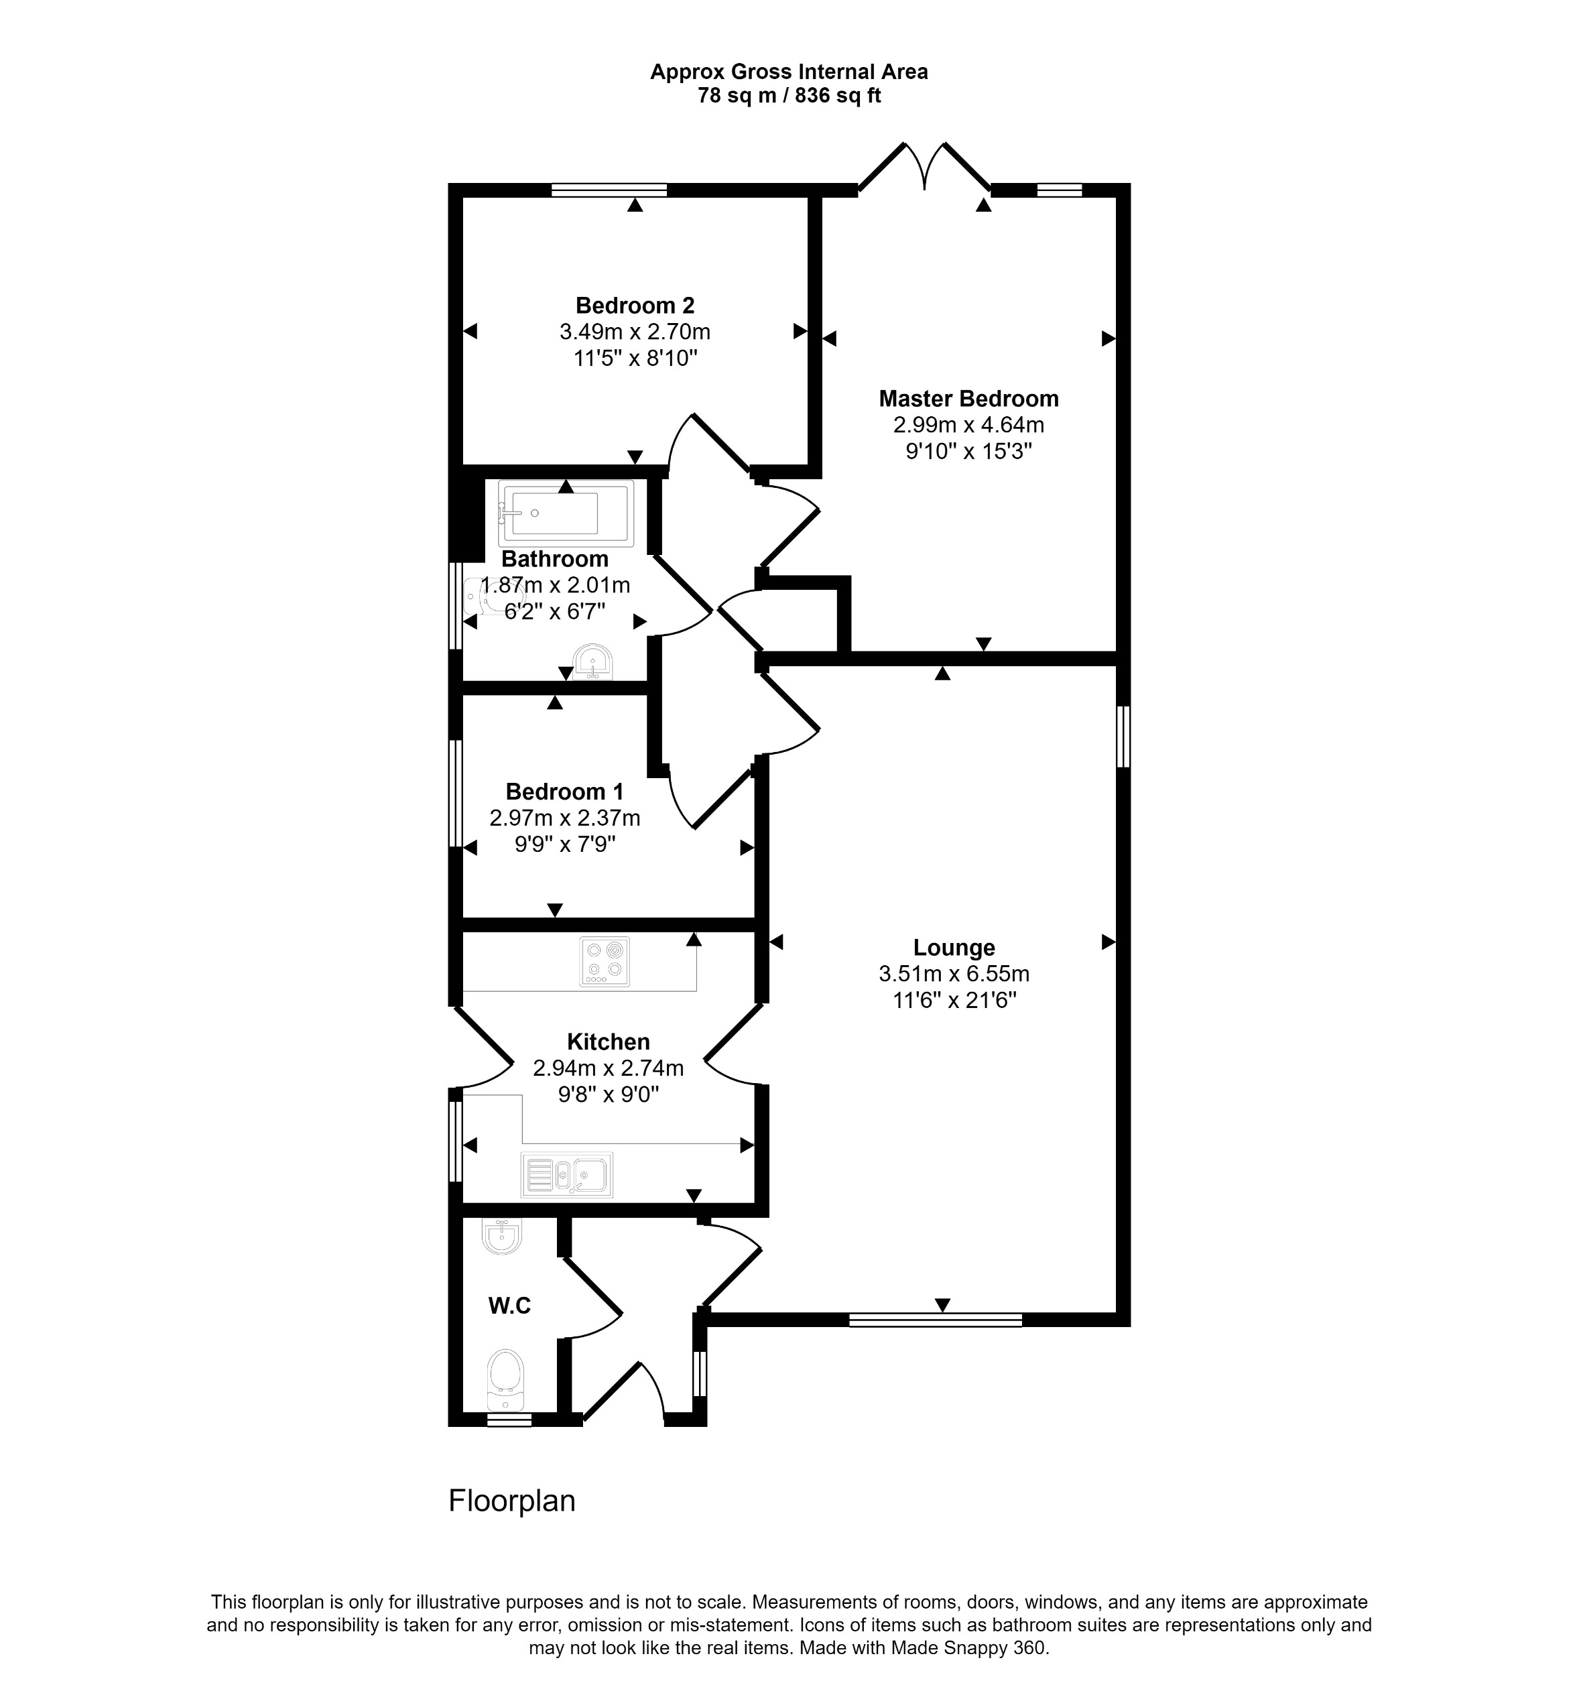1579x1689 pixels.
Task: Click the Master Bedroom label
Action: point(968,399)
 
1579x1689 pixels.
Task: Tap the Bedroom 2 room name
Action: point(635,305)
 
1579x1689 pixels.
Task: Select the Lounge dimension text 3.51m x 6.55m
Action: point(954,974)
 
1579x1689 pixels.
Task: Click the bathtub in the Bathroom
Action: point(565,513)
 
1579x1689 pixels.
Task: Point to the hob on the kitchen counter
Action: point(605,961)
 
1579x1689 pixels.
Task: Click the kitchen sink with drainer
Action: point(566,1175)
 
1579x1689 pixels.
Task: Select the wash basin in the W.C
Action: point(501,1237)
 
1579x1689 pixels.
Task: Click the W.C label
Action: point(509,1306)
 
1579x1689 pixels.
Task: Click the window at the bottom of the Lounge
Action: point(935,1320)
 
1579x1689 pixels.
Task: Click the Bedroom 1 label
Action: point(564,792)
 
